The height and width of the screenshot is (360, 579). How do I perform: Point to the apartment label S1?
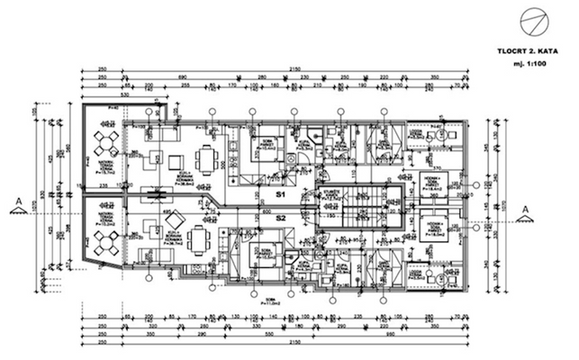(x=280, y=193)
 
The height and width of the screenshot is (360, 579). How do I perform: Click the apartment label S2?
(x=280, y=218)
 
